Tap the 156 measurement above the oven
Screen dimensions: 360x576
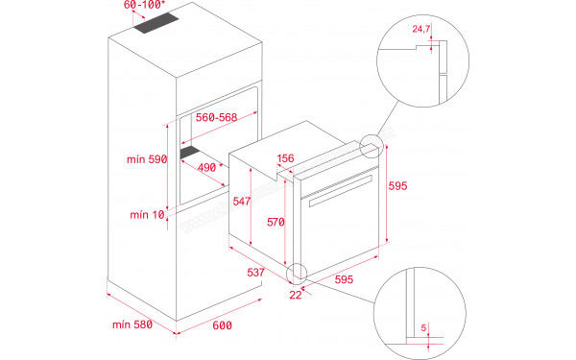click(x=285, y=159)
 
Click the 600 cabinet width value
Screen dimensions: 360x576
click(x=223, y=326)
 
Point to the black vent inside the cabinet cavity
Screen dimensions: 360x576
click(x=198, y=151)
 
